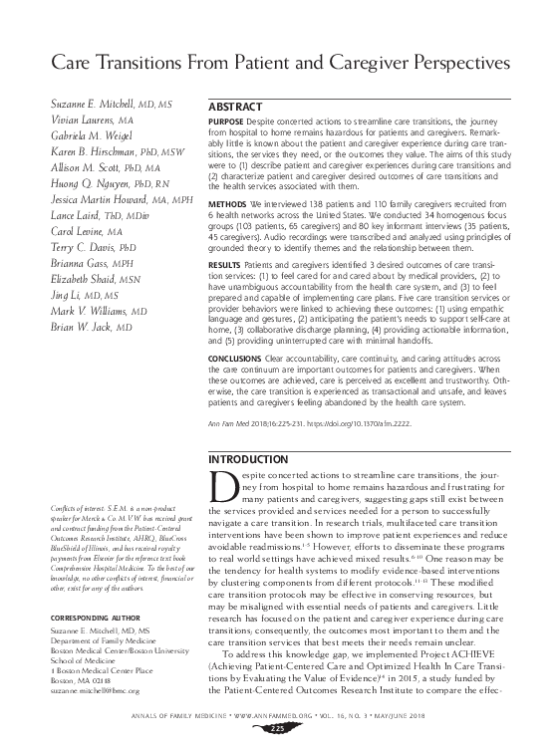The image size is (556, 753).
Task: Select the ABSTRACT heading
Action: (235, 106)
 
